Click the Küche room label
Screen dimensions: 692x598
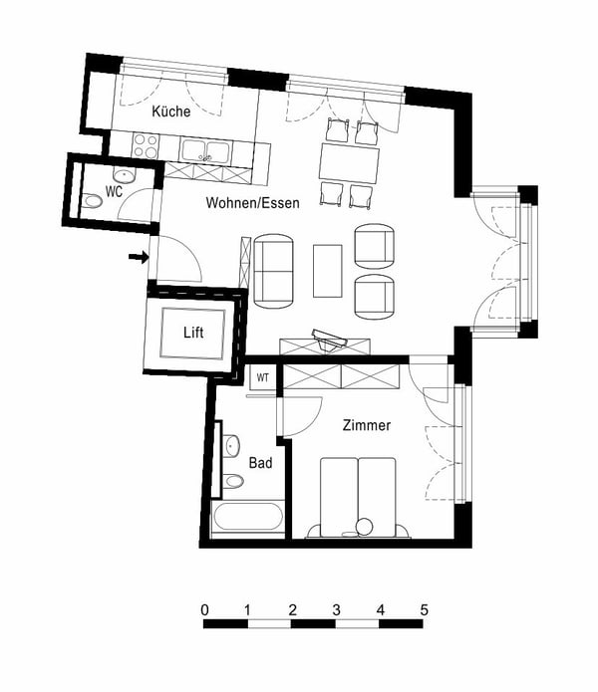[x=171, y=113]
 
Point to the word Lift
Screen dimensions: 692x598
[x=194, y=333]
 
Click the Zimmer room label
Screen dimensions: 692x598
[x=367, y=425]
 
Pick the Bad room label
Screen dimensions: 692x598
[x=260, y=463]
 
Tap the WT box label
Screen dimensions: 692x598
[x=262, y=377]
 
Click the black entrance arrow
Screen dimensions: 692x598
[x=139, y=258]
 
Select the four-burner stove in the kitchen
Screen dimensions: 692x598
[x=146, y=146]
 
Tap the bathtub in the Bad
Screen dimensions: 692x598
[x=247, y=518]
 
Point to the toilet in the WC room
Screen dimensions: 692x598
[x=94, y=200]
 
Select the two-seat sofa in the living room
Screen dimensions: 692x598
[x=274, y=270]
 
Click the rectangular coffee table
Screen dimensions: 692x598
[x=328, y=270]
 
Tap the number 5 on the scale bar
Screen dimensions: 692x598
[x=424, y=608]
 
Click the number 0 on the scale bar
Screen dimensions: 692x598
[x=204, y=608]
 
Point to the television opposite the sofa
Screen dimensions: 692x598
[x=327, y=340]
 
